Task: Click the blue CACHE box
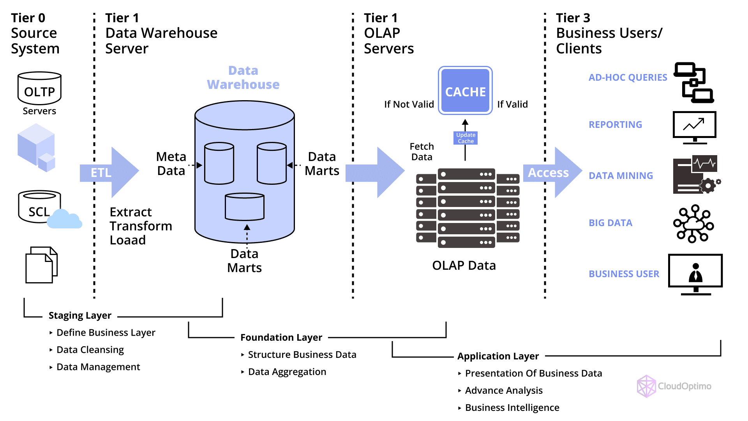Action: click(465, 91)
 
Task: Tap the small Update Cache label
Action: click(466, 138)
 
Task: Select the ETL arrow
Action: click(109, 172)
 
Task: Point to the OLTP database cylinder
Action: click(39, 88)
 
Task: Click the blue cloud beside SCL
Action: click(64, 219)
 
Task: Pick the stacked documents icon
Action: click(41, 265)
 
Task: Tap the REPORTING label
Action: click(615, 125)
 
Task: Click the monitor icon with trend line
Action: click(694, 127)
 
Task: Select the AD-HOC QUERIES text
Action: click(628, 78)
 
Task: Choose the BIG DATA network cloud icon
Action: click(693, 224)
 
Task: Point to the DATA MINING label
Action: click(621, 176)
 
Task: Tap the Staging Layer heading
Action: click(80, 315)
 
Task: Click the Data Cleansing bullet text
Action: click(90, 350)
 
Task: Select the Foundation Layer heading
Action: click(281, 337)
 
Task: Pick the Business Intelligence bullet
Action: click(512, 407)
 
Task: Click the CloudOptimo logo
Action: click(674, 386)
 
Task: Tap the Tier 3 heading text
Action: click(573, 18)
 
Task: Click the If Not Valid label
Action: click(409, 104)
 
